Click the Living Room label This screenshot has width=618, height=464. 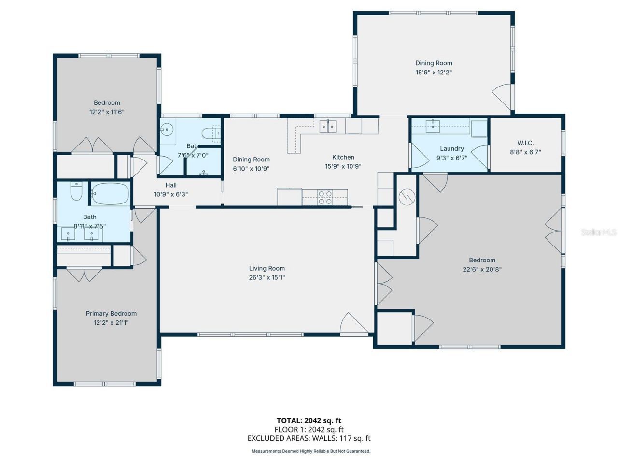coord(267,268)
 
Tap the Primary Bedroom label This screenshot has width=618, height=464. coord(111,314)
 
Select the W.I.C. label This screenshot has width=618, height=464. coord(525,143)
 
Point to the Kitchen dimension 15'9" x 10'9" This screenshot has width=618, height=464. coord(343,166)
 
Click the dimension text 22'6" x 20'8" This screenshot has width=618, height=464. coord(482,269)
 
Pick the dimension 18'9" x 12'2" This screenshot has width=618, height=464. coord(434,72)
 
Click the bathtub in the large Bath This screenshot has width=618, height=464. coord(111,194)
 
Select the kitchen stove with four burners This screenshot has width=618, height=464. coord(325,197)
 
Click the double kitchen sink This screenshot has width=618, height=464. coord(328,126)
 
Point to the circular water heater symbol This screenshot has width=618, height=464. coord(407,197)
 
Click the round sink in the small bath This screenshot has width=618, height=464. coord(167,129)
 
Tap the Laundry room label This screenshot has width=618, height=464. coord(452,148)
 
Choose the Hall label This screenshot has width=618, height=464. coord(171,185)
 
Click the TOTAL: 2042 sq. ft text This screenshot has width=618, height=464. coord(309,420)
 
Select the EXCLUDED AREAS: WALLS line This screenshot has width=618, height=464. coord(309,438)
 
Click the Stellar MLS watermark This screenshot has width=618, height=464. coord(599,232)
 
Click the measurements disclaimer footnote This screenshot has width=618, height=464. coord(310,451)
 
